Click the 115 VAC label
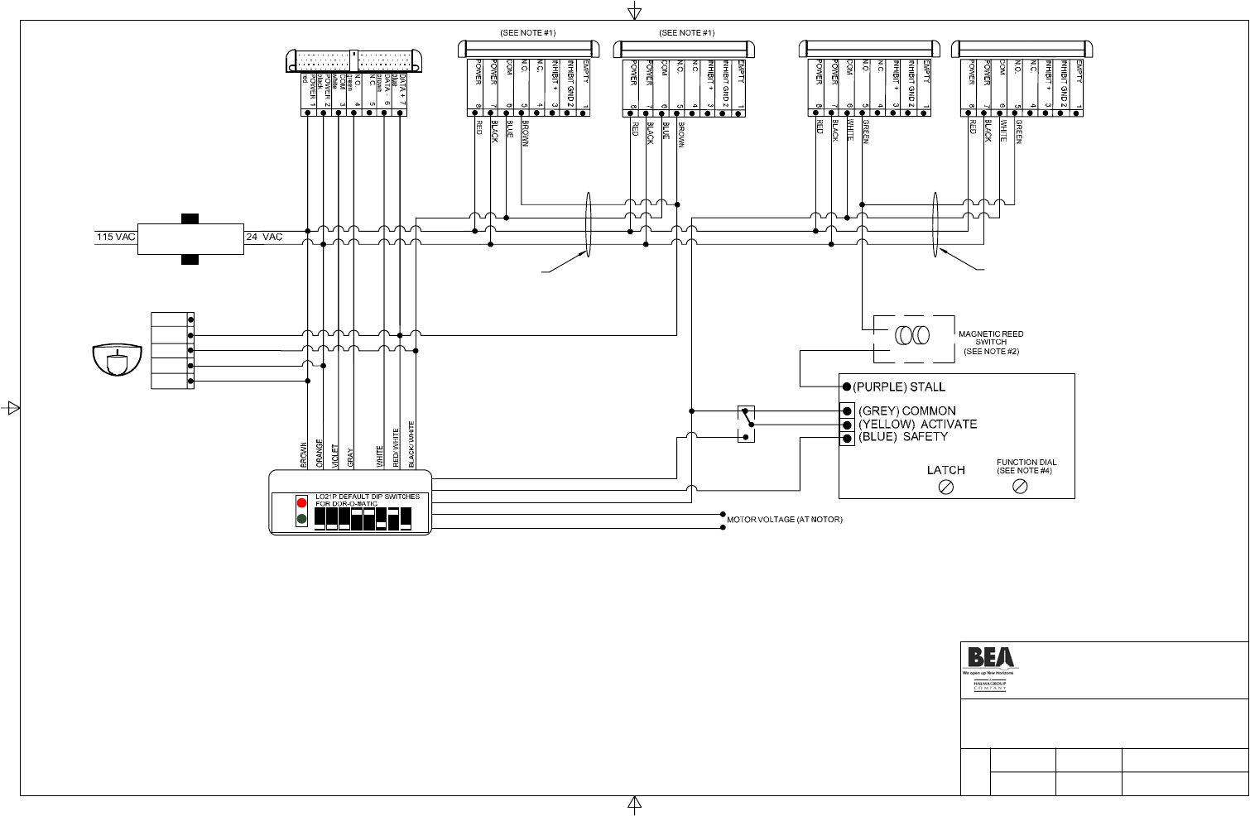click(x=115, y=238)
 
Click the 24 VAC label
click(x=264, y=238)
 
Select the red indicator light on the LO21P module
click(x=301, y=503)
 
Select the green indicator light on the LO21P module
click(x=301, y=519)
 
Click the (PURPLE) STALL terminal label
click(x=899, y=387)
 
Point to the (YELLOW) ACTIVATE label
click(x=917, y=425)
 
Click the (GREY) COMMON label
click(x=906, y=411)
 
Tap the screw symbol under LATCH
click(x=946, y=487)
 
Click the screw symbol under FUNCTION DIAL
click(x=1021, y=487)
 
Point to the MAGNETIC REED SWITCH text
click(x=991, y=338)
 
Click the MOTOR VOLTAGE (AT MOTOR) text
click(x=785, y=521)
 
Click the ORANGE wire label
click(x=320, y=454)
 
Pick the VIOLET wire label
click(x=335, y=456)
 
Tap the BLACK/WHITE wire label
click(x=411, y=445)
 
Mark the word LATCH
click(x=945, y=470)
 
